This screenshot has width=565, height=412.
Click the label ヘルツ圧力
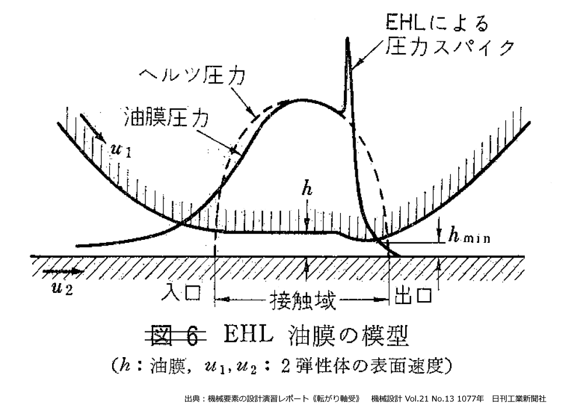click(191, 77)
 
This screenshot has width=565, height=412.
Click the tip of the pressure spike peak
click(348, 40)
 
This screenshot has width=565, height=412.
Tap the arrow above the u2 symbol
click(61, 272)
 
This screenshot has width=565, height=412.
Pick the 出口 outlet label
click(413, 296)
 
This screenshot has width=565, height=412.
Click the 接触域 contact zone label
click(302, 301)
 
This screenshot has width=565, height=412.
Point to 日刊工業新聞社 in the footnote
click(519, 399)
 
